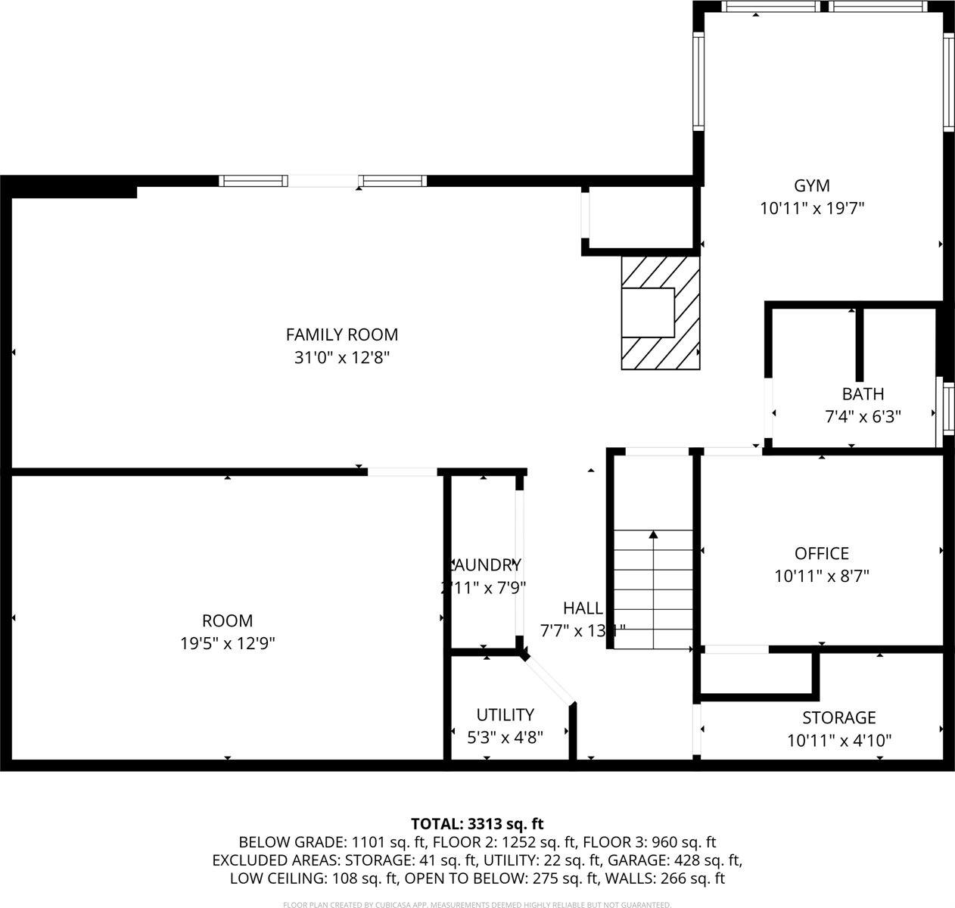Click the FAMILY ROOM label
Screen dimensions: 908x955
pyautogui.click(x=341, y=334)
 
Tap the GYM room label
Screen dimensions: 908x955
pyautogui.click(x=811, y=185)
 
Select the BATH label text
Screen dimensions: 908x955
pyautogui.click(x=863, y=393)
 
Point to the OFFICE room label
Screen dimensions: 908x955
pyautogui.click(x=821, y=553)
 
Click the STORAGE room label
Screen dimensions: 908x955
pyautogui.click(x=838, y=717)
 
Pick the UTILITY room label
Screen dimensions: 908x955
pyautogui.click(x=505, y=714)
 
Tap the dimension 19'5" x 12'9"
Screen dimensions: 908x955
pyautogui.click(x=227, y=644)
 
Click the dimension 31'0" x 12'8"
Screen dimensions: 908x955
pyautogui.click(x=341, y=357)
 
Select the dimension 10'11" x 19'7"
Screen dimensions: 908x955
pyautogui.click(x=811, y=208)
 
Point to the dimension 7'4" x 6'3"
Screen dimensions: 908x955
pyautogui.click(x=863, y=415)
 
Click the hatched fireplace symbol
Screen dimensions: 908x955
pyautogui.click(x=661, y=313)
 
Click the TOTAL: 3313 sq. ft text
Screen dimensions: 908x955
pyautogui.click(x=477, y=824)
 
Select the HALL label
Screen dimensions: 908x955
pyautogui.click(x=583, y=608)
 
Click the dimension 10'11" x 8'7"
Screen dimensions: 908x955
pyautogui.click(x=821, y=576)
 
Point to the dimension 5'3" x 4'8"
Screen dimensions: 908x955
pyautogui.click(x=505, y=736)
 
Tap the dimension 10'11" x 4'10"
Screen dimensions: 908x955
pyautogui.click(x=838, y=740)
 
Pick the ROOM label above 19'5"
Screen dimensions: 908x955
pyautogui.click(x=227, y=621)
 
